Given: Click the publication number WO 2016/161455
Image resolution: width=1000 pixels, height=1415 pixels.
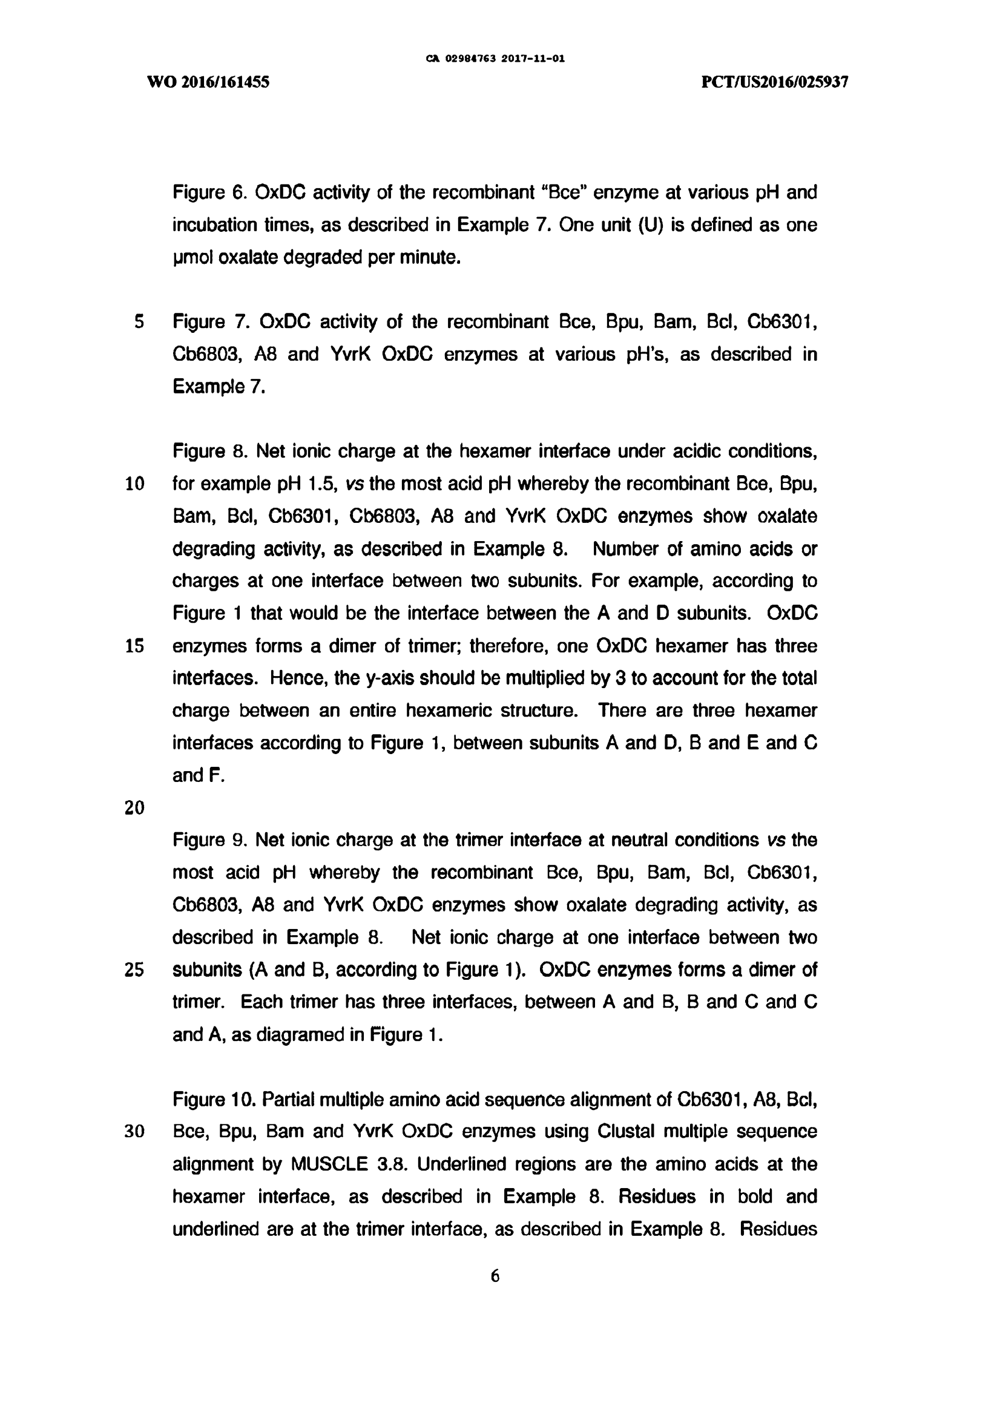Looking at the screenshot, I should point(208,82).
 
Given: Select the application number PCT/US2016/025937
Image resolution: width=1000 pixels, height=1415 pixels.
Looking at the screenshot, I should point(775,82).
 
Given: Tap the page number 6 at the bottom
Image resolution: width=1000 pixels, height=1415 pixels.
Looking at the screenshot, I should point(495,1276).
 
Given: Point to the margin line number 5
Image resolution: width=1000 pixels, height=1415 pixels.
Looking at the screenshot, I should point(139,322).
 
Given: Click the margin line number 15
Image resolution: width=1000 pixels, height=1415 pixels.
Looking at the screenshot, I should point(134,646).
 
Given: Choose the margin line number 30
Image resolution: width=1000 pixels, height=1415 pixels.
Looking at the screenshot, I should point(134,1132).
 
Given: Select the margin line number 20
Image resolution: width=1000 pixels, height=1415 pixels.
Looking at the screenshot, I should point(134,808).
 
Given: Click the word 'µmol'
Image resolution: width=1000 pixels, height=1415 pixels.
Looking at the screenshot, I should point(192,258).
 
